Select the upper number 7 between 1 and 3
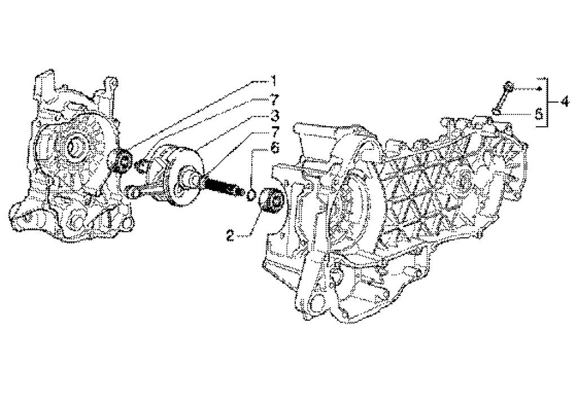click(273, 100)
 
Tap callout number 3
click(273, 117)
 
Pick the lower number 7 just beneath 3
click(273, 132)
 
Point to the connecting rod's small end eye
click(133, 192)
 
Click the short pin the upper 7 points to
click(144, 165)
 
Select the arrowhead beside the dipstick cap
click(539, 89)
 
